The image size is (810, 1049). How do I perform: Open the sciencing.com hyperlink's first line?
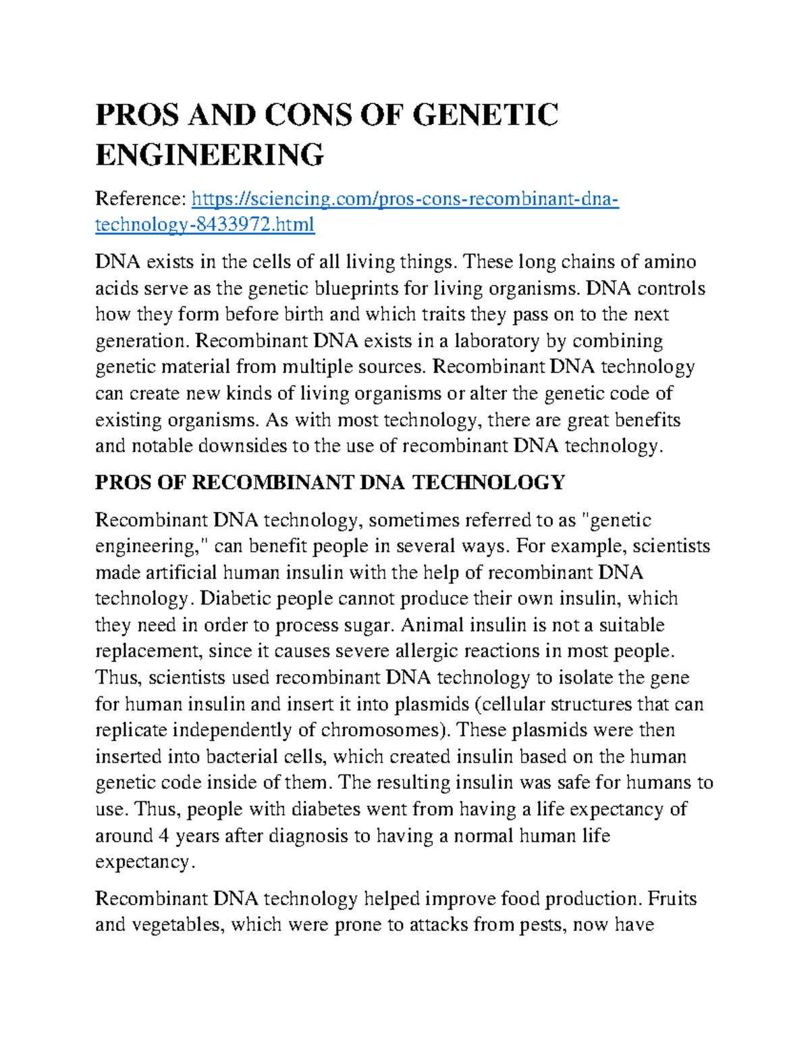(405, 199)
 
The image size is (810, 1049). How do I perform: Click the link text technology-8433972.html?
(205, 224)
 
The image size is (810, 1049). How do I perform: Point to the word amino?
(669, 262)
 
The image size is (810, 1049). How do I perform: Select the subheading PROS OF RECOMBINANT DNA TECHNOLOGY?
(329, 482)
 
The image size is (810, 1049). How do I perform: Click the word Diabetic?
(238, 598)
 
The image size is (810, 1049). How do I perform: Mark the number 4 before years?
(163, 836)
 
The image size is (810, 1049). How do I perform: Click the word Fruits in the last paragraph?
(672, 899)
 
